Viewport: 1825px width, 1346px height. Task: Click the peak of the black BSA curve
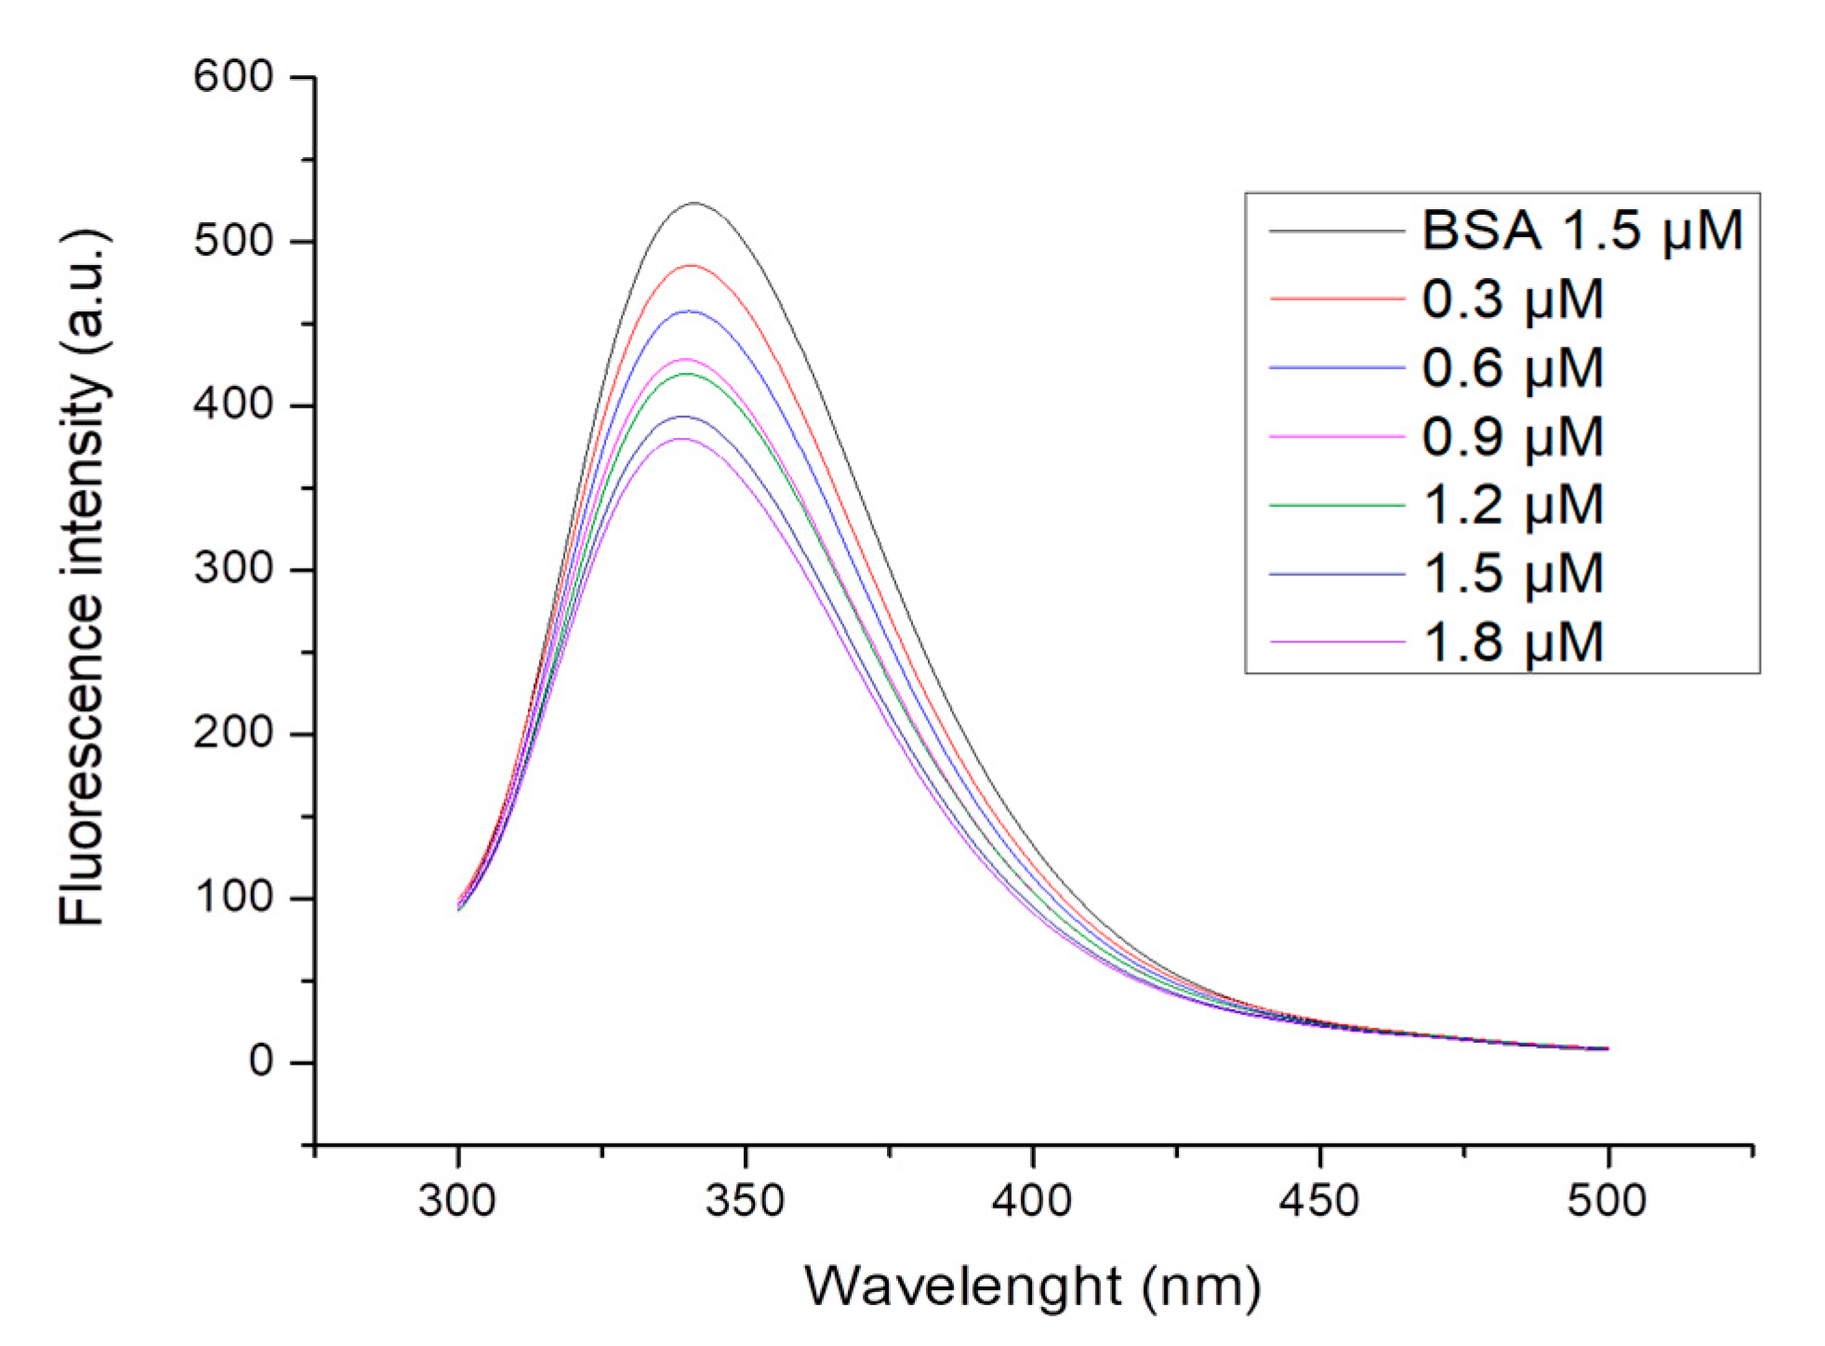click(x=694, y=203)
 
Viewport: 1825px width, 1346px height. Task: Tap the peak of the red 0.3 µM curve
click(x=690, y=265)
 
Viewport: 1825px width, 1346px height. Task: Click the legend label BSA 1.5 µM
click(x=1581, y=230)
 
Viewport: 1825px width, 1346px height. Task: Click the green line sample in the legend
click(x=1336, y=505)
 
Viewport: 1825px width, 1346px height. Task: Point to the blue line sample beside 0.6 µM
click(x=1336, y=368)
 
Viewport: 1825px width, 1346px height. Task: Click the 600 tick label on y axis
click(x=233, y=76)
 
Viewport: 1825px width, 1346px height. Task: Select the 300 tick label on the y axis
click(x=233, y=568)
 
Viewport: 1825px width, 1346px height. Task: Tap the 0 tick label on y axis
click(x=261, y=1061)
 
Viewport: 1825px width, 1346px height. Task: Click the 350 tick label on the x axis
click(x=745, y=1200)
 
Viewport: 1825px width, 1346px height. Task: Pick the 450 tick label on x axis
click(x=1319, y=1200)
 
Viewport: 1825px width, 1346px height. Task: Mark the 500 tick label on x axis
click(x=1607, y=1200)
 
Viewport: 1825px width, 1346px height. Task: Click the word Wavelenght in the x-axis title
click(x=963, y=1287)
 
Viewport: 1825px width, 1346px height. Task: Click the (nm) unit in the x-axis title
click(x=1202, y=1288)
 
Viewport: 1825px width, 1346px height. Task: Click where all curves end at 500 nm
click(x=1607, y=1049)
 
